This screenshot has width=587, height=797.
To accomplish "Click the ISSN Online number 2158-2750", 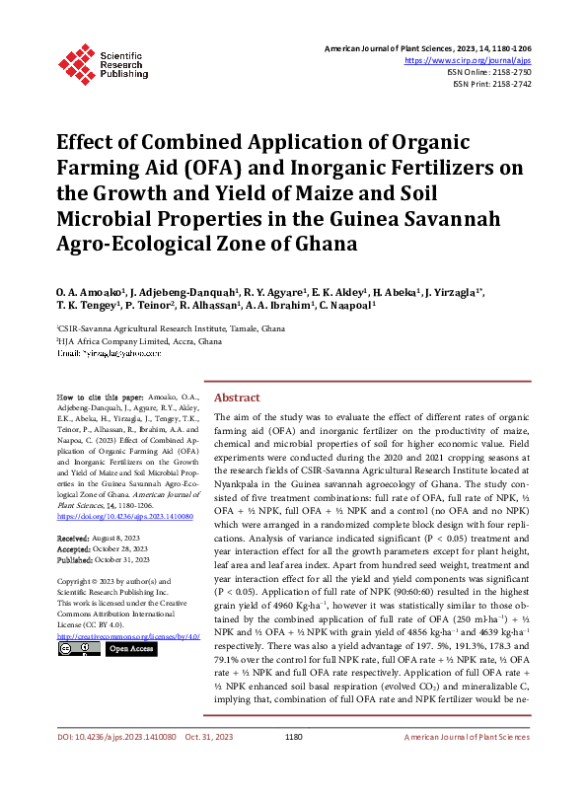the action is pos(509,73).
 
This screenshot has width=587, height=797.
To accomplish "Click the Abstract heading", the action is pos(237,398).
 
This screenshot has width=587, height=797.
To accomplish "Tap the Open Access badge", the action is pos(131,649).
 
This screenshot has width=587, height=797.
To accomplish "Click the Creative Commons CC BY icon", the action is pos(78,649).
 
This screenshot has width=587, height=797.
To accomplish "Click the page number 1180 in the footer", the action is pos(293,763).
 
